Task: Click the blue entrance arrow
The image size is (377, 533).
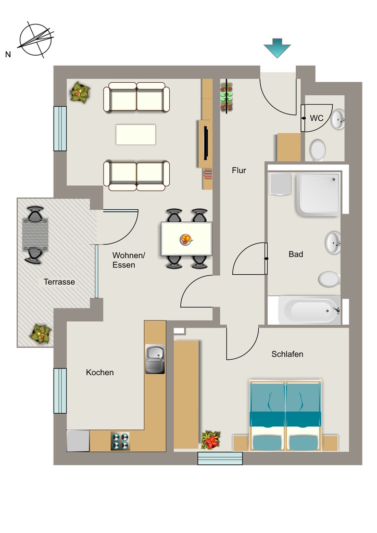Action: point(277,48)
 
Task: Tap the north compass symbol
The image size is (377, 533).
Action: point(36,40)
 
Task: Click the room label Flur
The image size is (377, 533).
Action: point(239,170)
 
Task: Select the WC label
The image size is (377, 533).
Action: point(317,118)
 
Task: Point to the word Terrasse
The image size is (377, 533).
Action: point(59,282)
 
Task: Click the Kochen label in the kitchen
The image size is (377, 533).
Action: point(99,373)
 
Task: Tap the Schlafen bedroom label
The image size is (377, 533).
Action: point(287,354)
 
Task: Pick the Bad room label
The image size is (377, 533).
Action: point(296,254)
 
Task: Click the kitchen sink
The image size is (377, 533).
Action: point(155,359)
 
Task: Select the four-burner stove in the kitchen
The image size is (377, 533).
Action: point(120,441)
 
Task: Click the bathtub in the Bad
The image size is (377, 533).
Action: point(309,310)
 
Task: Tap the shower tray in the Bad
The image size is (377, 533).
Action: point(318,195)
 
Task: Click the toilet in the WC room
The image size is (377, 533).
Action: point(318,150)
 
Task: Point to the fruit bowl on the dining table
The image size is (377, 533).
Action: point(185,239)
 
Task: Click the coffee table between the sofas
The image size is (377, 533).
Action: point(135,135)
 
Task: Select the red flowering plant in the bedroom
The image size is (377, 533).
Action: point(211,440)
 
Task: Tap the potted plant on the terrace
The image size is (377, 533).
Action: point(41,334)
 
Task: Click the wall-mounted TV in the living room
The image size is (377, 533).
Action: point(206,143)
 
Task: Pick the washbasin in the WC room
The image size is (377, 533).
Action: point(338,119)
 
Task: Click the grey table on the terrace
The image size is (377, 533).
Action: point(35,235)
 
